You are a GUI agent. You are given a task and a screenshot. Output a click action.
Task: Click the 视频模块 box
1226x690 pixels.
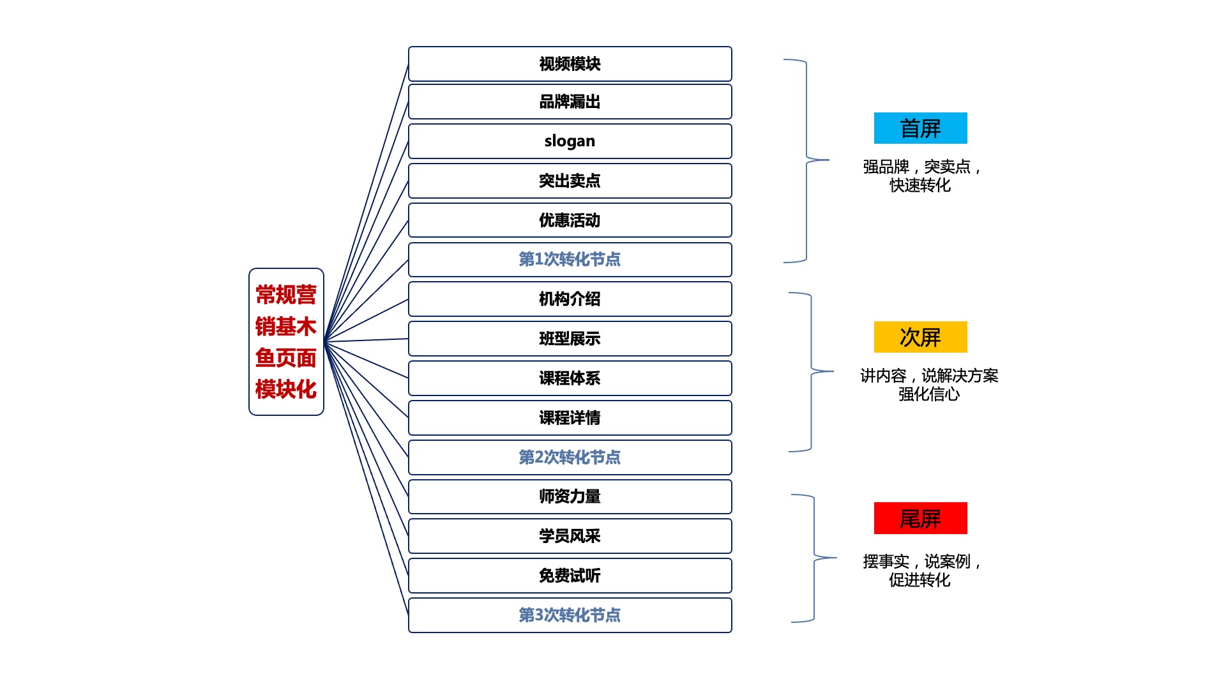pos(570,64)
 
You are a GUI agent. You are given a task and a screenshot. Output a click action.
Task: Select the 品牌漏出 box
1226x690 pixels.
pos(570,102)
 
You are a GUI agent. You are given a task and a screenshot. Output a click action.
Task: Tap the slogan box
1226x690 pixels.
pos(570,141)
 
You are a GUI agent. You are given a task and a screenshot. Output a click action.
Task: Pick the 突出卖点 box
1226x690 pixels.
pos(570,181)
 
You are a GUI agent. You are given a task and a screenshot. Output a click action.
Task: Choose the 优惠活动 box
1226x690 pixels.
pos(570,220)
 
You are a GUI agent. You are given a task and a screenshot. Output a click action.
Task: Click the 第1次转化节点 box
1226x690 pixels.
pos(570,259)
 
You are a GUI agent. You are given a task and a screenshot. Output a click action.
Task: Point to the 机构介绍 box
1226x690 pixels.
pos(570,299)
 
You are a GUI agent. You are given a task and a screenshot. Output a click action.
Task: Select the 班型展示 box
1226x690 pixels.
pos(570,339)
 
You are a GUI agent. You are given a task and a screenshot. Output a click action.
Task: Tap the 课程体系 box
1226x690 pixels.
pos(570,378)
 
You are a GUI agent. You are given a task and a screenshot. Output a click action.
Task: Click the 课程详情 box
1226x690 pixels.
pos(570,418)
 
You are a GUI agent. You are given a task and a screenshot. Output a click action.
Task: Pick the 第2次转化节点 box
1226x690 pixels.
pos(570,457)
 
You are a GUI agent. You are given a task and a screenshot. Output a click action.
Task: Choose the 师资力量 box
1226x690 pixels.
pos(570,496)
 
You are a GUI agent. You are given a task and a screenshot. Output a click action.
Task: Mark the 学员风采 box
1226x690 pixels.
pos(570,536)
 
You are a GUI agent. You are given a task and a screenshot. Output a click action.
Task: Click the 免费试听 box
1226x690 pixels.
pos(570,576)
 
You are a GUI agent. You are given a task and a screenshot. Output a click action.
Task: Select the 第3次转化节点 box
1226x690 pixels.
pos(570,615)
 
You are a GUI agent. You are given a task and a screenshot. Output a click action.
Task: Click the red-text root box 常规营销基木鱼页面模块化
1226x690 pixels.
pos(286,342)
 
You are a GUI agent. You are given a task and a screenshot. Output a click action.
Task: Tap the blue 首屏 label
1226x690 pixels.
pos(920,128)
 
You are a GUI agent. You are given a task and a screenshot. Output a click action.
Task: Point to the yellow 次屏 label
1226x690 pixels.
pos(920,337)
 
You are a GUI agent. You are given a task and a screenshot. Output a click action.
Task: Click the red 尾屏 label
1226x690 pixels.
pos(920,518)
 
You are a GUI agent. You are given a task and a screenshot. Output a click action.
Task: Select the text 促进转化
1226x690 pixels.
pos(919,580)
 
